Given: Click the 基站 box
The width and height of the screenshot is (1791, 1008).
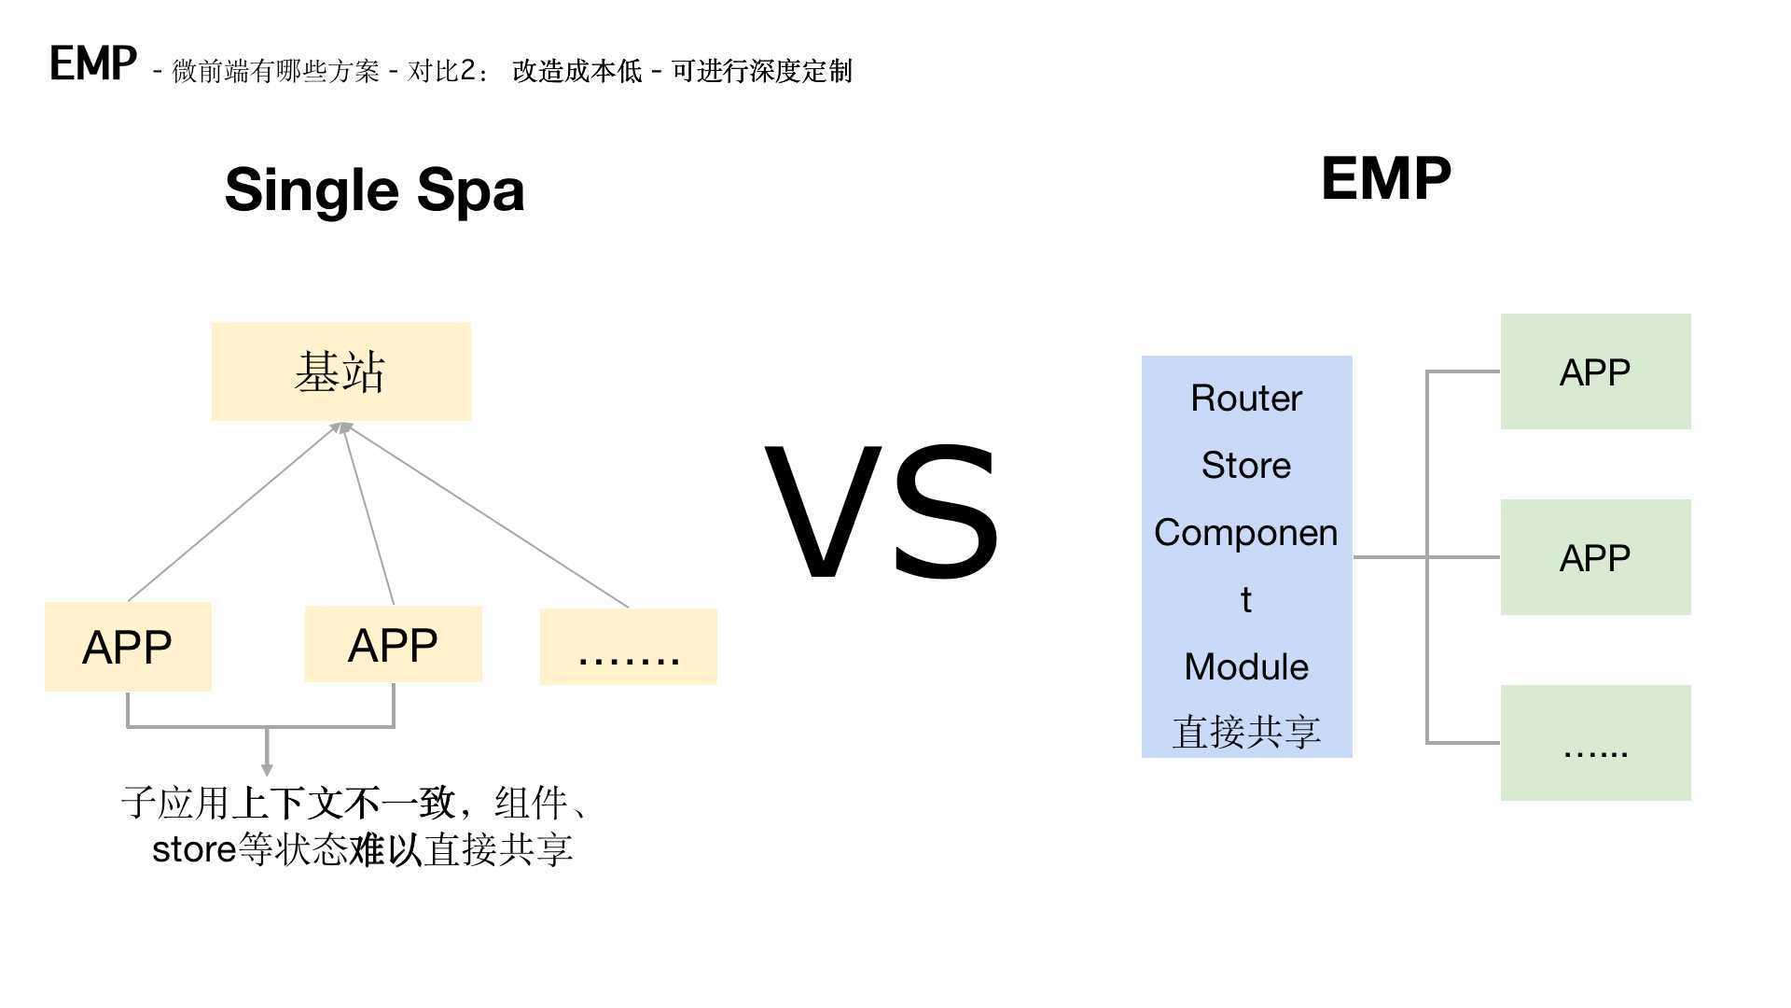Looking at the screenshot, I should (x=340, y=371).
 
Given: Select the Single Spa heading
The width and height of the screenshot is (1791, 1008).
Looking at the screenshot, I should (x=374, y=189).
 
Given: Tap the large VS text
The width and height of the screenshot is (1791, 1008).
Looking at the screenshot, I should (x=882, y=512).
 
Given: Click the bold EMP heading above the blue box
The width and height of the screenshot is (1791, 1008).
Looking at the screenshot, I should (x=1385, y=178).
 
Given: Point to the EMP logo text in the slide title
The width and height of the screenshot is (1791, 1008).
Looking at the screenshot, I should (x=93, y=64).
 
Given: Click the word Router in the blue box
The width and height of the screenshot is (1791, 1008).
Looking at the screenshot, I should (x=1245, y=399).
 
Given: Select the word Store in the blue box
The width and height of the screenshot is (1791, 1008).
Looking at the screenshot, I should (x=1245, y=465).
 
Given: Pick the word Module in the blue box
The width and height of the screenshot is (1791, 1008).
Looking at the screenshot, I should (x=1245, y=666).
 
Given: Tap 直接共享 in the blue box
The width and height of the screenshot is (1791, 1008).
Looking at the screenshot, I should (x=1245, y=732).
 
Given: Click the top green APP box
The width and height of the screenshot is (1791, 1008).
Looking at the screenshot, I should (x=1595, y=371).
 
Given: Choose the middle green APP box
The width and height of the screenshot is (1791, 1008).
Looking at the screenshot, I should (x=1595, y=557).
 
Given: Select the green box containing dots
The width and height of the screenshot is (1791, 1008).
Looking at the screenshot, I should (x=1595, y=743).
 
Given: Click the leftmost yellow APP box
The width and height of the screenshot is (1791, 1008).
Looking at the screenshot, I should (x=128, y=647).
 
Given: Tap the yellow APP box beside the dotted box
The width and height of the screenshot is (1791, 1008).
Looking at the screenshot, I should (x=393, y=644).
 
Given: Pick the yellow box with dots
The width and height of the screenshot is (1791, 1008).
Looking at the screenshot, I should (x=628, y=647).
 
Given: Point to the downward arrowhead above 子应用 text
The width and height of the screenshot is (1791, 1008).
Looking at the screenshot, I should (x=267, y=768).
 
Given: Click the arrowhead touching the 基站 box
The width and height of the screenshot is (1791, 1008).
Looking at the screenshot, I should (x=341, y=428).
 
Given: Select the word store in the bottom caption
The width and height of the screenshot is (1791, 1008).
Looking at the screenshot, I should (x=193, y=849).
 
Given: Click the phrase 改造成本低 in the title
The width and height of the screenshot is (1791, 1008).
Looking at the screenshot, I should (x=576, y=71).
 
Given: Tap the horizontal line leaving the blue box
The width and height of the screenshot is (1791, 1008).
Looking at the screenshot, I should (x=1390, y=557).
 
